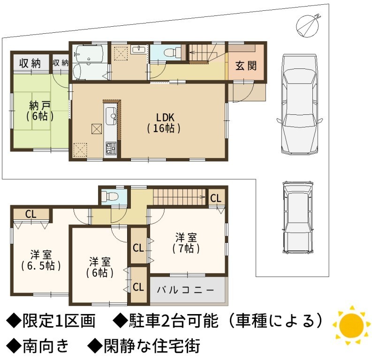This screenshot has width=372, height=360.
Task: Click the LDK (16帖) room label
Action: [164, 123]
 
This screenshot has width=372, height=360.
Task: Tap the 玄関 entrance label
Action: [246, 66]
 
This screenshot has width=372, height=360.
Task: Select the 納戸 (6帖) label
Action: [40, 111]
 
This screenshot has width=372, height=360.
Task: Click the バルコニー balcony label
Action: [185, 290]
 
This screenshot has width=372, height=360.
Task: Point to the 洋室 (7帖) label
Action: [186, 243]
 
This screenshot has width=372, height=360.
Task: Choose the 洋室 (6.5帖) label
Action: [41, 261]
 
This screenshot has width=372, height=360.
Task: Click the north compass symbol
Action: [308, 26]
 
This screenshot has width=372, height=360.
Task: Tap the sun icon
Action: [351, 325]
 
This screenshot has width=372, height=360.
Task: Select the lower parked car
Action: [297, 217]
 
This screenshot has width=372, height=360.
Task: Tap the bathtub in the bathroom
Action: [88, 53]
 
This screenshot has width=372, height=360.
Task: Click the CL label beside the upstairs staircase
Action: [216, 198]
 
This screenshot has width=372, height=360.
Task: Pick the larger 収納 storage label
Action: [30, 63]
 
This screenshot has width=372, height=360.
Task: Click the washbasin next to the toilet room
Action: [138, 50]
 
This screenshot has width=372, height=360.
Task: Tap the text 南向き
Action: [46, 345]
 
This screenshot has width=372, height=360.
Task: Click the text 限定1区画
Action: [59, 321]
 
